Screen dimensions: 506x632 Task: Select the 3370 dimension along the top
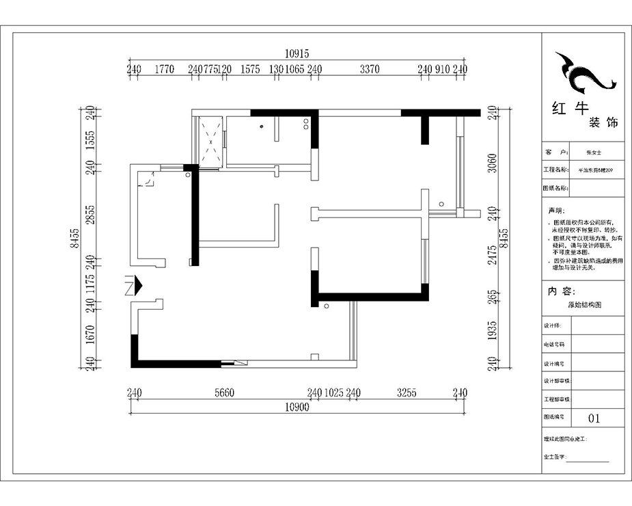(x=370, y=69)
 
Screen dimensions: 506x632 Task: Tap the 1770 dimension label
(x=165, y=69)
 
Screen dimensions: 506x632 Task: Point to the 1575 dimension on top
(x=251, y=69)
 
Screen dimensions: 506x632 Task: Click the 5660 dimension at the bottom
(x=224, y=393)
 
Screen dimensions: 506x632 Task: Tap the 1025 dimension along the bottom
(x=333, y=393)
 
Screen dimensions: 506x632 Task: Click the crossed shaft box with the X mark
(x=210, y=142)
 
